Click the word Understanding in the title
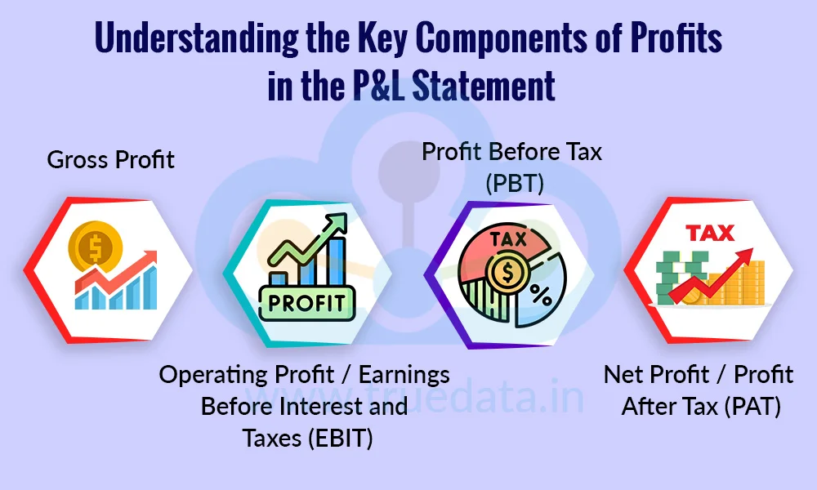(x=197, y=39)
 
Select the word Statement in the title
(x=484, y=86)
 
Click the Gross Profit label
(x=110, y=160)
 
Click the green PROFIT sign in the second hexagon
(x=307, y=303)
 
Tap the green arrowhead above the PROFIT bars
(x=335, y=224)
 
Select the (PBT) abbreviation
(x=515, y=183)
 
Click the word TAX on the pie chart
(x=508, y=239)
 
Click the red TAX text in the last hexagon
(x=710, y=234)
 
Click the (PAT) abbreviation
(x=752, y=406)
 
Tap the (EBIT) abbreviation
(x=340, y=438)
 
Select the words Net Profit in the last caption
(x=657, y=374)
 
